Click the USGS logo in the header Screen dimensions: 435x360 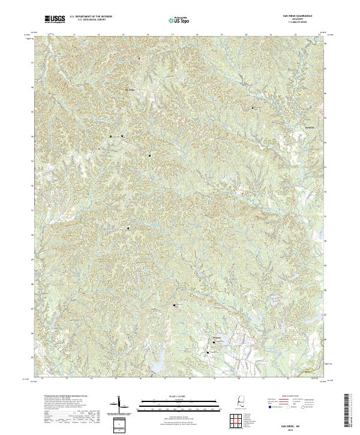pos(55,19)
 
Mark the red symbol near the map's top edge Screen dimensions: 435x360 pos(139,58)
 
